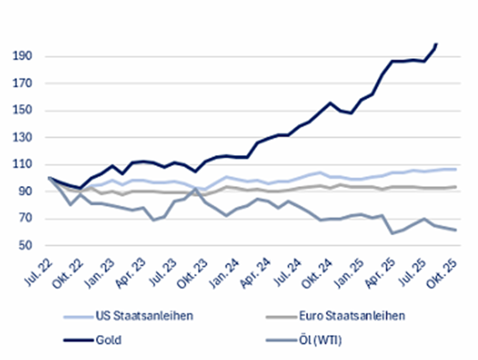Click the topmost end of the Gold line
pos(437,43)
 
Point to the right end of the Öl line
pos(457,230)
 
